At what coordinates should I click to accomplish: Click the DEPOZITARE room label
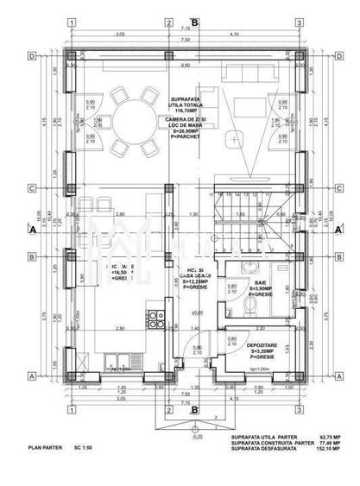pos(260,343)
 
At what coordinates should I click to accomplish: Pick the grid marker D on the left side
pos(31,55)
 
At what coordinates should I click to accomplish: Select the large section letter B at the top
pos(195,21)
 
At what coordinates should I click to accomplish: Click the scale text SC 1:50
pos(83,449)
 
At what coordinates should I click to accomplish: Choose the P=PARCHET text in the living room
pos(188,138)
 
